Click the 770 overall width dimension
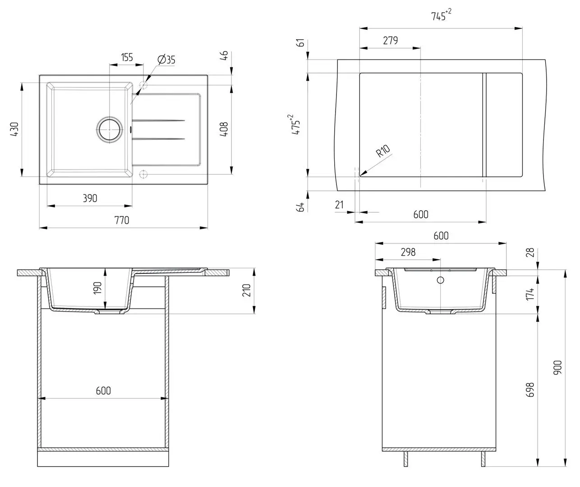[122, 221]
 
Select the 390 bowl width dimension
[90, 198]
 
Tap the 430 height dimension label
[14, 129]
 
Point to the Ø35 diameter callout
[166, 60]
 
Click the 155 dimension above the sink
[127, 58]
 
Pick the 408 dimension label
[224, 129]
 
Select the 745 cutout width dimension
[441, 15]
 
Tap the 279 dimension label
[390, 41]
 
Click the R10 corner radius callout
[383, 151]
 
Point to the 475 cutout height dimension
[296, 125]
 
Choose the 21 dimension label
[339, 205]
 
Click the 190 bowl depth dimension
[97, 288]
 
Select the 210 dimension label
[246, 290]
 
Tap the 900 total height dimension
[557, 368]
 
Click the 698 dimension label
[530, 390]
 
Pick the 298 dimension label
[408, 252]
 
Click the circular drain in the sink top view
[110, 129]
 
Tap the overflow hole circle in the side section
[440, 280]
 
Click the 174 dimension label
[530, 294]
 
